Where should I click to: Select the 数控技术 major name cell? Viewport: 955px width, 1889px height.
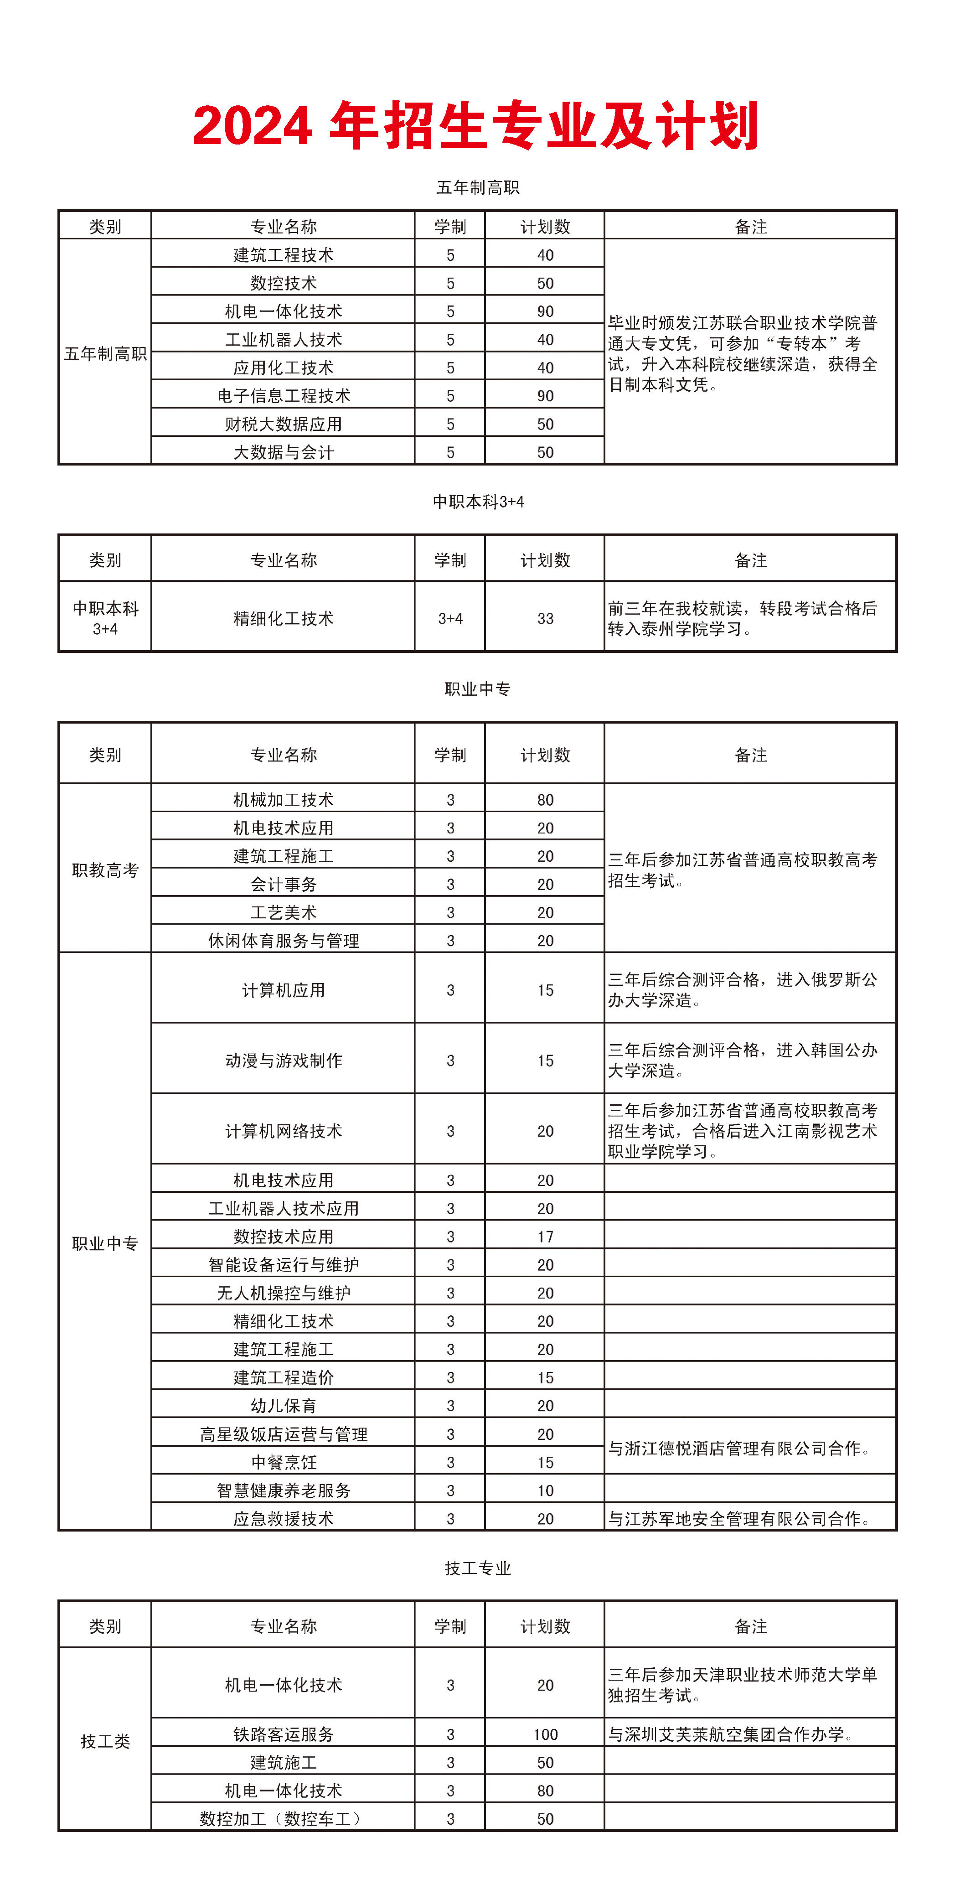coord(283,283)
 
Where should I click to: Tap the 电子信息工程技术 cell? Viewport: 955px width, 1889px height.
coord(283,396)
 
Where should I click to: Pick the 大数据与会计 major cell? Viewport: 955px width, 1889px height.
coord(283,452)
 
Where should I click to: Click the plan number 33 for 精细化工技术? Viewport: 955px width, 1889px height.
coord(545,618)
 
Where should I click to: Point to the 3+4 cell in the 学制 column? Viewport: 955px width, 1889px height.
coord(450,618)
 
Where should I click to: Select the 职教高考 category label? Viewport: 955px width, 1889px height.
coord(105,870)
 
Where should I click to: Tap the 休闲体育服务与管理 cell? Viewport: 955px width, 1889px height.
coord(283,941)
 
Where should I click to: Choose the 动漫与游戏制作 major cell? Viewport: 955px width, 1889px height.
coord(283,1061)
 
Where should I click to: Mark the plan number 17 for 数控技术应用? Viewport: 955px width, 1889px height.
coord(545,1237)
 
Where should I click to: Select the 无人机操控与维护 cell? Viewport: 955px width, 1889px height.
coord(283,1293)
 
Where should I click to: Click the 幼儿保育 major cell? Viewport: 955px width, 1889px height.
coord(283,1406)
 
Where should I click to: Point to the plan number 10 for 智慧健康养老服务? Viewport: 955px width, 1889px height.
coord(545,1491)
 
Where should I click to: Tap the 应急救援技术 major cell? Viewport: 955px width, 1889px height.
coord(283,1519)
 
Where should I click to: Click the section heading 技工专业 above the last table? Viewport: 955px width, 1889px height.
coord(477,1568)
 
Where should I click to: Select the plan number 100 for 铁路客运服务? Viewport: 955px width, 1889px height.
coord(545,1734)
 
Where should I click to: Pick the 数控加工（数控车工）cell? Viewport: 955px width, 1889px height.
coord(283,1819)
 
